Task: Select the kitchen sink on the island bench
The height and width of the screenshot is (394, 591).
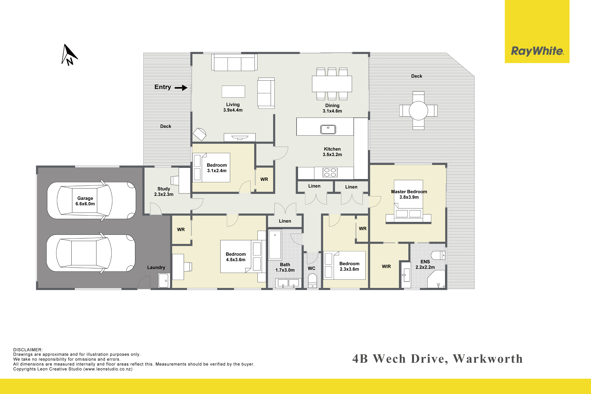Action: coord(328,129)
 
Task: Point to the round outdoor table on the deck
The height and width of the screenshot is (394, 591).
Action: coord(418,111)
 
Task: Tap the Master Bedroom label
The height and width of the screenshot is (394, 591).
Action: coord(409,192)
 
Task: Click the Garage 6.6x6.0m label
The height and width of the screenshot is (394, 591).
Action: coord(85,201)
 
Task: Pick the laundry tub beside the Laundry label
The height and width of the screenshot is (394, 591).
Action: coord(164,280)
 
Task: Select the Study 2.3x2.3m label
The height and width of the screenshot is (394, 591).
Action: coord(164,191)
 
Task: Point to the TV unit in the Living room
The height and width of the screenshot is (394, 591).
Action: coord(240,137)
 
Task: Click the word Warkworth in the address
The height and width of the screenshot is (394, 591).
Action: coord(488,359)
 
